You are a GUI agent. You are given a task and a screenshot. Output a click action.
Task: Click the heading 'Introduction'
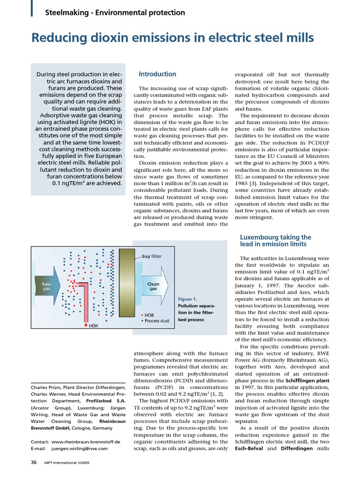coord(157,74)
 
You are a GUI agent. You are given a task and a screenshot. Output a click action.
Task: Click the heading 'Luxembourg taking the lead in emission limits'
coord(275,240)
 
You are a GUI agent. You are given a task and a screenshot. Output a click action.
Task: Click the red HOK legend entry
coord(149,315)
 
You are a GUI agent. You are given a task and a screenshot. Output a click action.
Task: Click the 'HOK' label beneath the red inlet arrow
coord(94,325)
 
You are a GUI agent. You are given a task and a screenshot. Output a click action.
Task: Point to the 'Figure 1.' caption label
coord(187,299)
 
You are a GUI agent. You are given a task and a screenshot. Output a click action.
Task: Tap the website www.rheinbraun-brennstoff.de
coord(86,442)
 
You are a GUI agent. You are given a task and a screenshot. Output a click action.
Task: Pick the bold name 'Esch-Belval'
coord(251,448)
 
